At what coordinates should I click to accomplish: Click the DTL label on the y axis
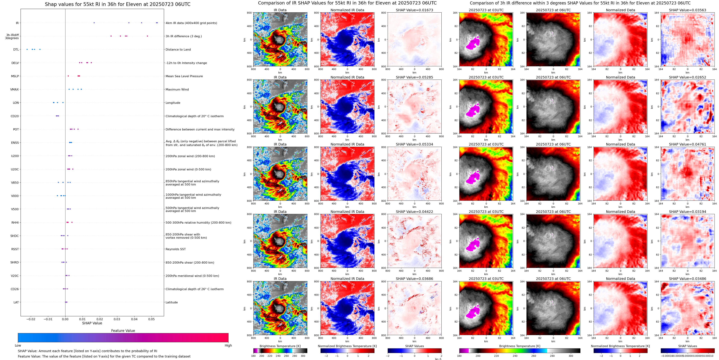click(x=16, y=49)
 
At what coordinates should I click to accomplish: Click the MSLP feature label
click(x=15, y=76)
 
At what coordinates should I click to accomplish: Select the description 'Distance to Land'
click(x=178, y=49)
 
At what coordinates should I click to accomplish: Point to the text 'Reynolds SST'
click(x=175, y=249)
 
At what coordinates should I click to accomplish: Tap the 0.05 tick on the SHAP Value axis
click(x=151, y=319)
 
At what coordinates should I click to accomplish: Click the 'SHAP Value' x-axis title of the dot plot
click(x=92, y=323)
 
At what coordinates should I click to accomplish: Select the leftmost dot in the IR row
click(x=94, y=23)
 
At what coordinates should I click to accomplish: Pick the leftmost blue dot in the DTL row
click(x=27, y=49)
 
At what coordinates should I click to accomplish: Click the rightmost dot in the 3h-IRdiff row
click(x=147, y=36)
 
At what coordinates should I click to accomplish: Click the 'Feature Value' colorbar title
click(x=123, y=331)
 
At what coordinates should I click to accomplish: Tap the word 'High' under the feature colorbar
click(x=228, y=345)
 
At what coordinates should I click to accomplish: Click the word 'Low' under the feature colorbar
click(x=18, y=345)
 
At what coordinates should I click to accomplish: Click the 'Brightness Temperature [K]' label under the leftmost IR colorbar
click(x=280, y=346)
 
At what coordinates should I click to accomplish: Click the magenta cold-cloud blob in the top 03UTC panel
click(x=473, y=44)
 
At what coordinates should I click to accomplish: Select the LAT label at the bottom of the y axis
click(x=16, y=302)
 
